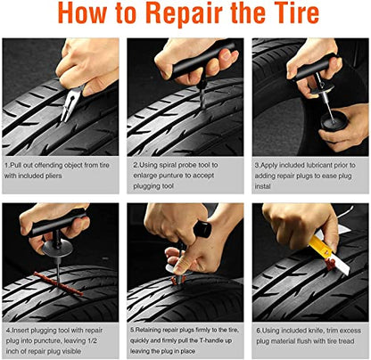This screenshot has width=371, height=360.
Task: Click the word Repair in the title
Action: pyautogui.click(x=185, y=14)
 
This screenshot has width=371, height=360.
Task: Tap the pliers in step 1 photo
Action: pyautogui.click(x=70, y=103)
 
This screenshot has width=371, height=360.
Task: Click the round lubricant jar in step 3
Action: pyautogui.click(x=334, y=121)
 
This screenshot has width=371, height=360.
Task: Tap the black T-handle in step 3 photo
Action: pyautogui.click(x=315, y=68)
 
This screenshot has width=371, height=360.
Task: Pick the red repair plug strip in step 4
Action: pyautogui.click(x=59, y=284)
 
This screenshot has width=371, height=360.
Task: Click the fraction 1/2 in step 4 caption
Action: pyautogui.click(x=92, y=340)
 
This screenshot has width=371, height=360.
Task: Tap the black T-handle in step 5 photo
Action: pyautogui.click(x=202, y=229)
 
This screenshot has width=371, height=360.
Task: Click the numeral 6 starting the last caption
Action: pyautogui.click(x=258, y=331)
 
